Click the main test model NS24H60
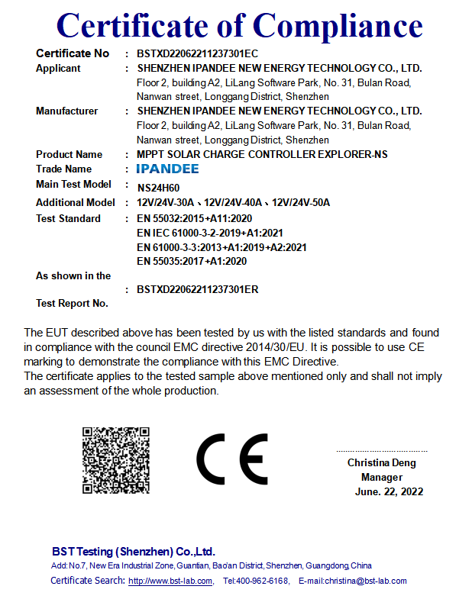tap(158, 186)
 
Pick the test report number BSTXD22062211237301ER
tap(197, 289)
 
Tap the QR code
tap(115, 461)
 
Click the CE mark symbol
tap(232, 459)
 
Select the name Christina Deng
tap(382, 462)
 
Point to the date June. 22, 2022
tap(389, 491)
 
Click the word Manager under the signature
tap(382, 477)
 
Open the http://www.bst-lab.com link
tap(170, 581)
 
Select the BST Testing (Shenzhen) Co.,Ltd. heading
tap(134, 551)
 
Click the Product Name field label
tap(69, 154)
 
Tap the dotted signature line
tap(382, 451)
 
